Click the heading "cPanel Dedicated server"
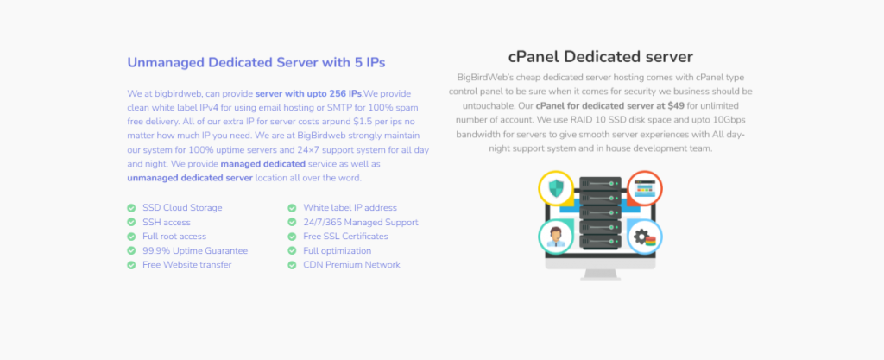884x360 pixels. click(600, 57)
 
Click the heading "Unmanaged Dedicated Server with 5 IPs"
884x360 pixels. click(256, 62)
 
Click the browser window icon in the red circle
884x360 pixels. click(643, 188)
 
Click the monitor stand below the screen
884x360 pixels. click(600, 270)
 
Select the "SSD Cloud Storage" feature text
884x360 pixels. click(182, 208)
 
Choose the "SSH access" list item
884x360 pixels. click(166, 222)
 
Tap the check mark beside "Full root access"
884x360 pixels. click(131, 237)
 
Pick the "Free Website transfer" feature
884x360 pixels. click(186, 265)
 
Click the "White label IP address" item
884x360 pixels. click(350, 208)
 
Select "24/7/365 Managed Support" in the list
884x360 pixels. click(360, 222)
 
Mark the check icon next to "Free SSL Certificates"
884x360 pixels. click(292, 237)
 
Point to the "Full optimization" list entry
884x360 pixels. click(337, 250)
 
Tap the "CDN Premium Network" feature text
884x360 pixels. click(351, 265)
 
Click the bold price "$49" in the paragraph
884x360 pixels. click(676, 105)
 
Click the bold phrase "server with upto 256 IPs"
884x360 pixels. click(308, 93)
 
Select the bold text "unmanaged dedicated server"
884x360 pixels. click(190, 178)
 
